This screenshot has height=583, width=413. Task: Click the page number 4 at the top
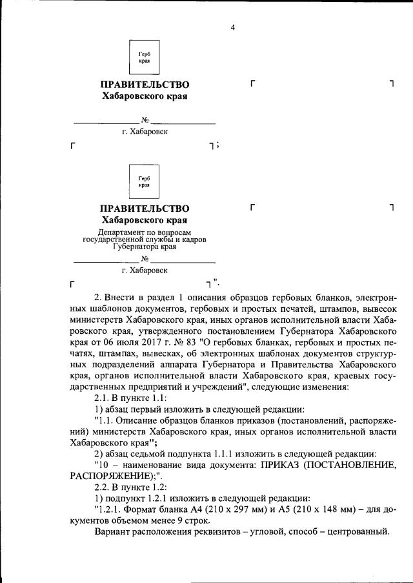(233, 26)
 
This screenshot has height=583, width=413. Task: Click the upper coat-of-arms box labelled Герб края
(145, 58)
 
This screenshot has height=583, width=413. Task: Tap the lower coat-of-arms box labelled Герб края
(145, 181)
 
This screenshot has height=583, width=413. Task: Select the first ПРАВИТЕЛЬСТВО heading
(145, 85)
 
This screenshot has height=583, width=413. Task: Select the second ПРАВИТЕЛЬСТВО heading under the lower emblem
(145, 208)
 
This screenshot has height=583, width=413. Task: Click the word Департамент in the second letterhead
(119, 231)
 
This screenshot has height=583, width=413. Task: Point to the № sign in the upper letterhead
(145, 120)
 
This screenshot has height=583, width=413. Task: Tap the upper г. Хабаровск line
(145, 132)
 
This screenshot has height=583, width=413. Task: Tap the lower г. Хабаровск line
(145, 270)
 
